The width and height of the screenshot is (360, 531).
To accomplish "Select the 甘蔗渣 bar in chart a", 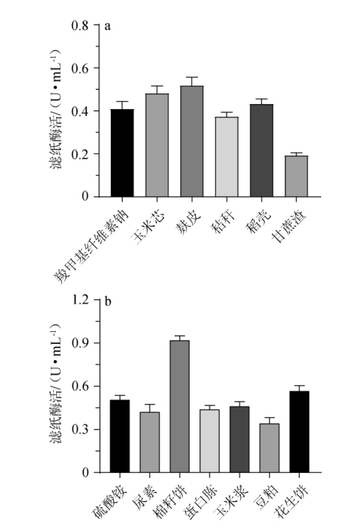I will pos(296,176).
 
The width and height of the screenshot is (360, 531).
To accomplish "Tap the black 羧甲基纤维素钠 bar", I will pos(122,153).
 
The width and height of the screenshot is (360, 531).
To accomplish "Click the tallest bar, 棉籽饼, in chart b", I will pos(179,406).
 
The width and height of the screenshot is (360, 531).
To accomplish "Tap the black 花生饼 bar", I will pos(298,432).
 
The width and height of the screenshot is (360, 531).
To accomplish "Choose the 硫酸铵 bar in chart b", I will pos(120,436).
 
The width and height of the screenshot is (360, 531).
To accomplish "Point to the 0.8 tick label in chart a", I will pos(80,25).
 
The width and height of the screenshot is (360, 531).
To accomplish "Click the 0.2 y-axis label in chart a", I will pos(80,154).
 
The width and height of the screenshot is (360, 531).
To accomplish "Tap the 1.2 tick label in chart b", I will pos(80,300).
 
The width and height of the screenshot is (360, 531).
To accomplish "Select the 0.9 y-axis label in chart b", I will pos(80,343).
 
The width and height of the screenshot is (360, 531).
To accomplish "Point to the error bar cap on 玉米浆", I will pos(239,402).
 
